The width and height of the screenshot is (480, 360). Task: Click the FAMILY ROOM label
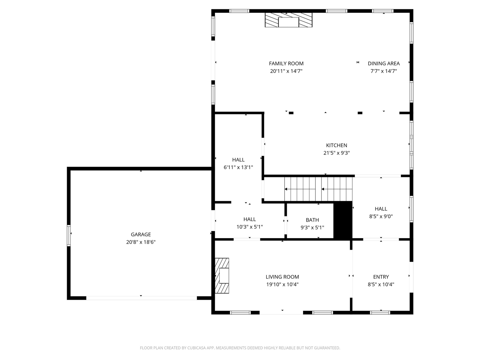(286, 63)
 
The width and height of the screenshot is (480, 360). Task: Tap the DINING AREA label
(384, 63)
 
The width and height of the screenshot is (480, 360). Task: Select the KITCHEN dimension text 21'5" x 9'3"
(336, 153)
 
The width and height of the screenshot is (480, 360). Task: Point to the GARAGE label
(141, 234)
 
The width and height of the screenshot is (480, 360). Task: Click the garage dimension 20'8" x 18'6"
(141, 242)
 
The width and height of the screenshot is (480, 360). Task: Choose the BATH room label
(312, 220)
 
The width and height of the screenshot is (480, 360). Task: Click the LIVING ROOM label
(282, 277)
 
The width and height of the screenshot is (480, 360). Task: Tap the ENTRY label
(381, 277)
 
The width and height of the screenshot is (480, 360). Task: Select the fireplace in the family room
(288, 20)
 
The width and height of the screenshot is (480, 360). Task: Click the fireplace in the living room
(222, 276)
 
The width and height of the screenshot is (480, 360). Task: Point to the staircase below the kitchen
(318, 189)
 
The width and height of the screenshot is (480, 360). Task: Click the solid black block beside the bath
(343, 220)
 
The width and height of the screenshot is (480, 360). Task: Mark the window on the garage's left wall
(69, 235)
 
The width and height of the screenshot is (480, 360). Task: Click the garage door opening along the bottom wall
(141, 298)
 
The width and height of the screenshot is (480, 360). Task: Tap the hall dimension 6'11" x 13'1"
(238, 167)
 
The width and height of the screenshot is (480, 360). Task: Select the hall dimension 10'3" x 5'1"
(249, 227)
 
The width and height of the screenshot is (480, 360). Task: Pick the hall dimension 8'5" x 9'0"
(381, 216)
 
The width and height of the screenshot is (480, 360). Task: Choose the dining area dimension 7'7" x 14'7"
(384, 71)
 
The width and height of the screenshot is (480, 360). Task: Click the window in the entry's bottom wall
(380, 313)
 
